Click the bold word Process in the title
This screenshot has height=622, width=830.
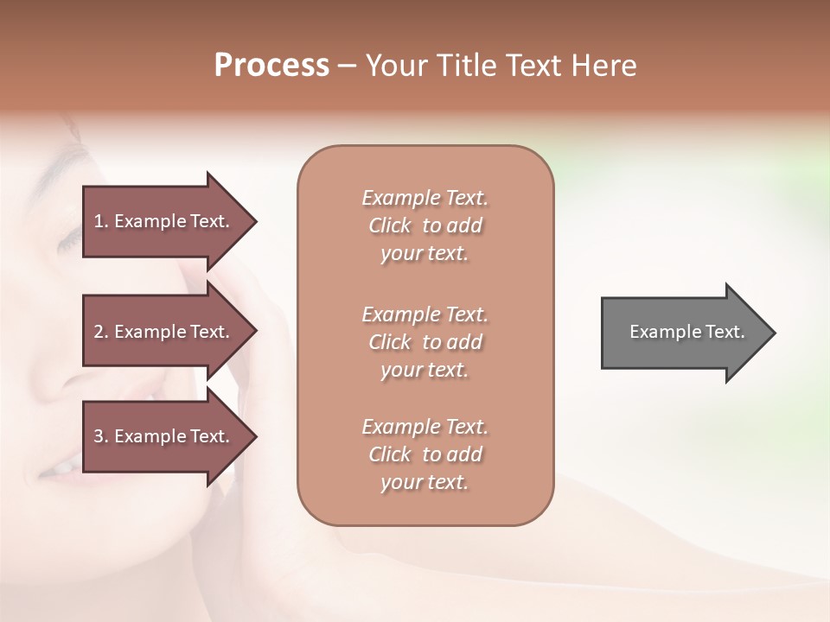click(271, 65)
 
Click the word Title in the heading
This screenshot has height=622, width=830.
click(468, 65)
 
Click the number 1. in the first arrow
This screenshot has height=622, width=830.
click(101, 221)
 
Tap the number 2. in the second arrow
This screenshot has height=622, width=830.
click(101, 332)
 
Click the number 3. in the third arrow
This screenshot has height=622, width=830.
click(101, 436)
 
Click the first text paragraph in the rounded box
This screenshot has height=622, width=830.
click(425, 225)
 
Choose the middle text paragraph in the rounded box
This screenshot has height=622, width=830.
click(425, 342)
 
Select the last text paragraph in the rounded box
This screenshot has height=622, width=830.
click(425, 454)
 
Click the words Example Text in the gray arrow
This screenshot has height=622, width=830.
click(687, 332)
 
